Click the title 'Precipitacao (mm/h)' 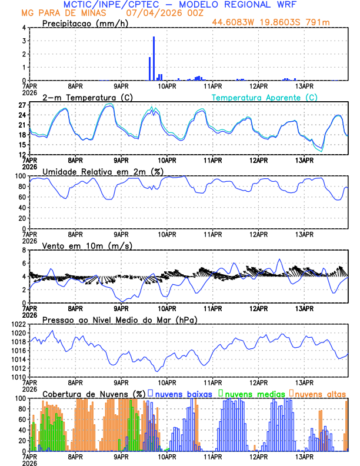[x=85, y=23]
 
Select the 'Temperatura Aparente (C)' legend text [x=264, y=97]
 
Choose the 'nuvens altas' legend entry [x=321, y=393]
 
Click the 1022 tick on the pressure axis [x=18, y=324]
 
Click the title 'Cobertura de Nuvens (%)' [x=94, y=393]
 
